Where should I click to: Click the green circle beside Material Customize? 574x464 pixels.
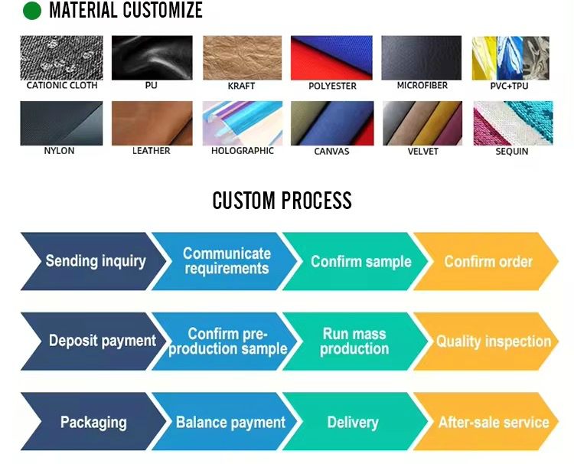[32, 11]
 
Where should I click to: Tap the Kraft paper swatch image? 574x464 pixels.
[243, 58]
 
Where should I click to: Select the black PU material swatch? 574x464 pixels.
[152, 58]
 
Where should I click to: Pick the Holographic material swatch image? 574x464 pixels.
[243, 123]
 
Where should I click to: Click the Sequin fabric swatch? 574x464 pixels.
[513, 123]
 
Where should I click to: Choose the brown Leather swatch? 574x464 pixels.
[152, 123]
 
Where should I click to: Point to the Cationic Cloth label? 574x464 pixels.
[62, 85]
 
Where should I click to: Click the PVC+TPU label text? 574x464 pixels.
[509, 86]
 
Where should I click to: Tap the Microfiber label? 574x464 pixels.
[422, 85]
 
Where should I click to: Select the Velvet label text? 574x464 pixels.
[422, 152]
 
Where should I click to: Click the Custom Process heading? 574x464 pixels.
[282, 201]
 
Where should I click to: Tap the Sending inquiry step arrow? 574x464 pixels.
[93, 262]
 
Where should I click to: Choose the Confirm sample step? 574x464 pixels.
[355, 262]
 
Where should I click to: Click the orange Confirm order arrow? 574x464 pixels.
[486, 262]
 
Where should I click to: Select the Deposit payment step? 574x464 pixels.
[93, 341]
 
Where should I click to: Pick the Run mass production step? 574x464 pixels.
[355, 341]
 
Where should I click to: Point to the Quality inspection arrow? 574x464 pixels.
[486, 341]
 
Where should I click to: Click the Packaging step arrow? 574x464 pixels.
[93, 422]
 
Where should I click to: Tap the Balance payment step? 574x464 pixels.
[225, 422]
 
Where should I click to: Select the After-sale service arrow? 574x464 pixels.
[486, 422]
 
